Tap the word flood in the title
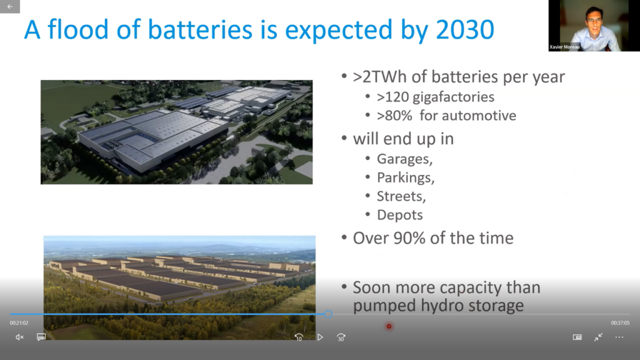click(x=79, y=29)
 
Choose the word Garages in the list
click(x=403, y=159)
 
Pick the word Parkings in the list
click(x=404, y=177)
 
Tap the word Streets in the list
click(x=399, y=196)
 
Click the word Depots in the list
click(x=399, y=215)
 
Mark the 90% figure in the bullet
click(x=409, y=238)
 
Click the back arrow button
click(x=10, y=6)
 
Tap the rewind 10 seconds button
click(x=299, y=337)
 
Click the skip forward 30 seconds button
click(x=341, y=337)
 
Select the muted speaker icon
click(x=19, y=337)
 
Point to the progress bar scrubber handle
click(x=328, y=314)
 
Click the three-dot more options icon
click(x=619, y=337)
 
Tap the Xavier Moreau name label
click(x=564, y=47)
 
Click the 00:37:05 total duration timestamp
click(x=620, y=323)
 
